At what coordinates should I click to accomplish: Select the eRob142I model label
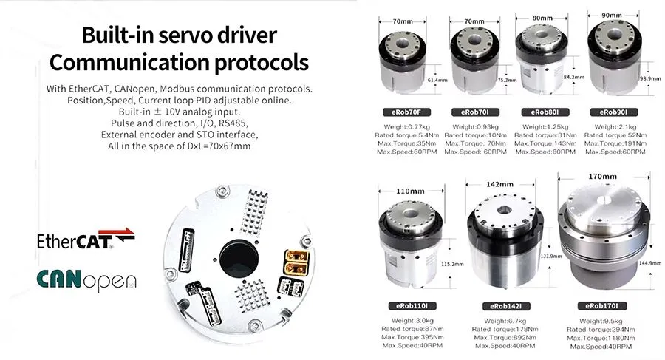[505, 305]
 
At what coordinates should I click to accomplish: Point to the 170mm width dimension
[601, 177]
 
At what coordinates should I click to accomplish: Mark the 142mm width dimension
[500, 184]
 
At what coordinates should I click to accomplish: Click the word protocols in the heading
[260, 61]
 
